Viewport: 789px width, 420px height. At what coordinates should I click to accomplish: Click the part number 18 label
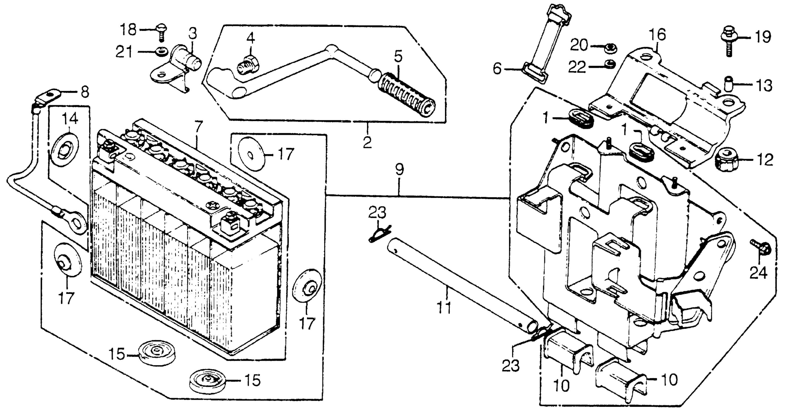click(128, 30)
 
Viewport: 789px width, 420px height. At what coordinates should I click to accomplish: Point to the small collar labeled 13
click(728, 84)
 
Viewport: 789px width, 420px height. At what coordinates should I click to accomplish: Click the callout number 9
click(399, 169)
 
